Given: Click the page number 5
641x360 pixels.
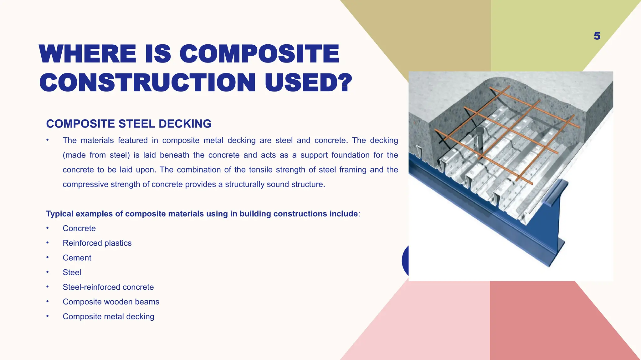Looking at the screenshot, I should (x=597, y=36).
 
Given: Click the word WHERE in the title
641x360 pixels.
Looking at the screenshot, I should (x=88, y=54).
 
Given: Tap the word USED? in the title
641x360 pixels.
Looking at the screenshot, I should (x=308, y=82).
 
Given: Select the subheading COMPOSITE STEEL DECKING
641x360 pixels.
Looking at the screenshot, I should (x=129, y=124).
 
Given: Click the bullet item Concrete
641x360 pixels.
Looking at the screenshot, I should (x=79, y=228).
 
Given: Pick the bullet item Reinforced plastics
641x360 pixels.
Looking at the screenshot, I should (x=97, y=243).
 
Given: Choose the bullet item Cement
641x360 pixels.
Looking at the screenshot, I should (x=77, y=258).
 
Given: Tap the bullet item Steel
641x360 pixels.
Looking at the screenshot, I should (x=72, y=272).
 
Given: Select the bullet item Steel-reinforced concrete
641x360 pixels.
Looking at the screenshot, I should (x=108, y=287).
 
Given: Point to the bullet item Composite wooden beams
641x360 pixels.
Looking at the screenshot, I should (x=111, y=302).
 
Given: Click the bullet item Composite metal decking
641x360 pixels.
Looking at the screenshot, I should (x=108, y=317).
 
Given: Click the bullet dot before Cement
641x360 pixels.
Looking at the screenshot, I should (x=48, y=257).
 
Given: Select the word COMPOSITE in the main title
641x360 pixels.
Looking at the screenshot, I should (x=259, y=54).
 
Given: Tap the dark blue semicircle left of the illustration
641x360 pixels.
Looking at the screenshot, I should (x=405, y=261).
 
